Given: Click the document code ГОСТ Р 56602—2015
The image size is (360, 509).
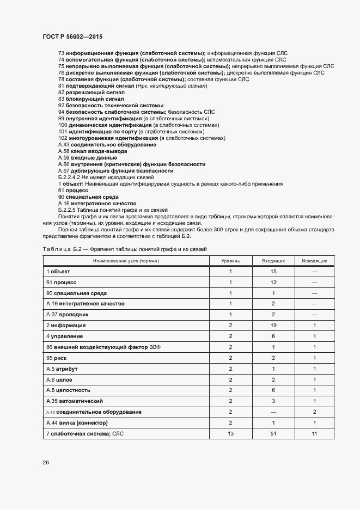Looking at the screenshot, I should click(72, 36).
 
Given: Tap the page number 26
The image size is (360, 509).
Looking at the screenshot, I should click(45, 463).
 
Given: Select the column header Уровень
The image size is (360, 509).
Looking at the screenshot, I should click(230, 261).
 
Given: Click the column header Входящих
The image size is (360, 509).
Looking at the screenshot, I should click(273, 261).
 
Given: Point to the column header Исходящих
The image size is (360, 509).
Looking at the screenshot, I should click(314, 261).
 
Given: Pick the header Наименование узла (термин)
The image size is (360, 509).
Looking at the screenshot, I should click(127, 261).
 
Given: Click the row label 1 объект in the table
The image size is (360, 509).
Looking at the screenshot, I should click(58, 271).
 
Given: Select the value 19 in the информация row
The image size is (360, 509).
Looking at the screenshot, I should click(273, 326).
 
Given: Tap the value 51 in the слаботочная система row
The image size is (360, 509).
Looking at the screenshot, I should click(273, 433).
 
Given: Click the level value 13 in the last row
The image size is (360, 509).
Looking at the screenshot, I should click(230, 433).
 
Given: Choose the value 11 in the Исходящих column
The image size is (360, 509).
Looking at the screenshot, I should click(314, 433).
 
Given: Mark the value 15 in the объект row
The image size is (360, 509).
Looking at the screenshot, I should click(273, 271).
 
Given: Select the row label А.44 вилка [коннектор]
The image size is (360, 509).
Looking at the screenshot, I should click(77, 422).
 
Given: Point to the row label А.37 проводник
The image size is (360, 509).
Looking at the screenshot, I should click(67, 315).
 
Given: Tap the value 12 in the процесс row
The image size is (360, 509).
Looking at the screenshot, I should click(273, 282).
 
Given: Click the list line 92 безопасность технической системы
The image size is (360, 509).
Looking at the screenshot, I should click(111, 106).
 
